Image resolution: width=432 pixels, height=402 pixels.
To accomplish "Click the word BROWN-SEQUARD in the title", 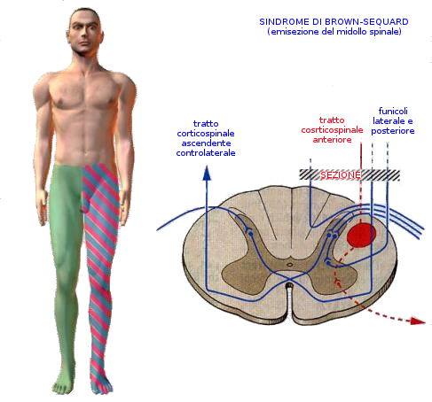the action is coord(366,22).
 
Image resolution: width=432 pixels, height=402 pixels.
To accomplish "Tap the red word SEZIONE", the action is coord(341,175).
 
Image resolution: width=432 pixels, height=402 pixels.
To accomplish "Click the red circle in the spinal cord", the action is coord(361,235).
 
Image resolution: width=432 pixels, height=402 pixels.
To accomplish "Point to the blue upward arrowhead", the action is coord(207,173).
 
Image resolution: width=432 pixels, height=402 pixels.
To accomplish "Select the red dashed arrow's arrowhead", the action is coord(418,321).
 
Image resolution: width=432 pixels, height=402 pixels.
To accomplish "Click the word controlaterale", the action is coord(206,153).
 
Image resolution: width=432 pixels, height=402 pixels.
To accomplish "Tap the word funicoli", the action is coord(393,111).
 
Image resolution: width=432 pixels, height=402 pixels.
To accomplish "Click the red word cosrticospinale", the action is coord(332,130).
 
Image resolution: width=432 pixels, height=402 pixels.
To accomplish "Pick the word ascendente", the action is coord(206,143).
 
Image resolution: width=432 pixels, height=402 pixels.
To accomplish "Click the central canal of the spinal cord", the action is coord(290,265).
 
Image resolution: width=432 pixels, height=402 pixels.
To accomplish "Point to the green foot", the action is coord(63,383).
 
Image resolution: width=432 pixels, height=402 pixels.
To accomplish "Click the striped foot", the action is coord(101,383).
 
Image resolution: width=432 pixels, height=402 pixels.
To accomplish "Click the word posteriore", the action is coord(393,131).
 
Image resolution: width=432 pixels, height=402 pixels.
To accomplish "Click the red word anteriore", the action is coord(332,140).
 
